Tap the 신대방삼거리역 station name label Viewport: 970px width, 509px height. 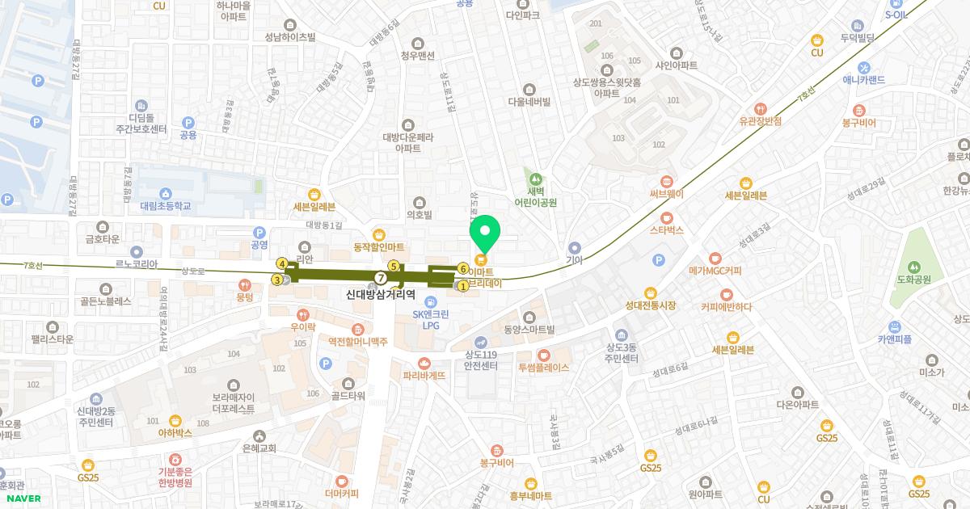(380, 296)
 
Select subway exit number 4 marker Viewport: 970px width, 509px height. (282, 263)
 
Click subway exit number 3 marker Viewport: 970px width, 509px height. (277, 280)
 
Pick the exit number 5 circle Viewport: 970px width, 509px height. (394, 266)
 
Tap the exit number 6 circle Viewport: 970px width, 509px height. (463, 268)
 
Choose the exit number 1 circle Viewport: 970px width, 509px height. (463, 285)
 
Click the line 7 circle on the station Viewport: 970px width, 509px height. (381, 278)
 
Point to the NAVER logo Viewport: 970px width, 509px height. (23, 498)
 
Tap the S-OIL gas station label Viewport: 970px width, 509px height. (897, 15)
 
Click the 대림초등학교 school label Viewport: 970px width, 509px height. (165, 206)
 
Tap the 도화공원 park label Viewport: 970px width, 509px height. (914, 280)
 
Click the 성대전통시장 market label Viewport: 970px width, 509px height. (650, 305)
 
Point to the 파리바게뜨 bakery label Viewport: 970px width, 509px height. (424, 375)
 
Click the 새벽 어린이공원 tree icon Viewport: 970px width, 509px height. (533, 178)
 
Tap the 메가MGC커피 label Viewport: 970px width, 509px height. (715, 271)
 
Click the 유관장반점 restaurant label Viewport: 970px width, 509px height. (760, 121)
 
